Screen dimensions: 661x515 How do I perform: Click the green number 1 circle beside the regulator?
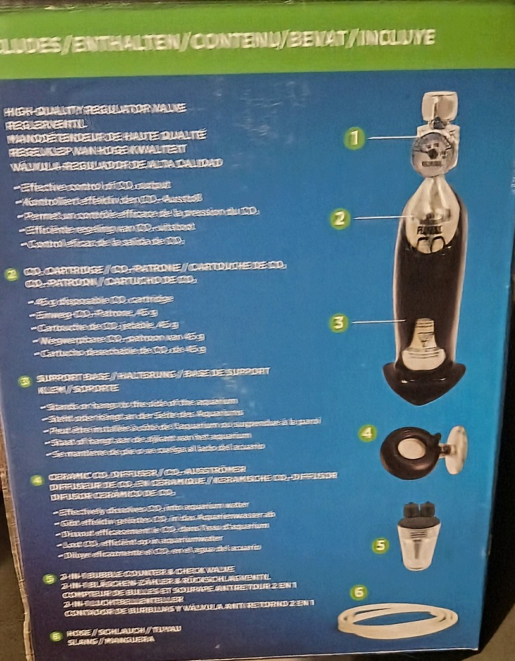coord(355,137)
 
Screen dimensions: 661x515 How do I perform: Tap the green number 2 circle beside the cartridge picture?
coord(340,218)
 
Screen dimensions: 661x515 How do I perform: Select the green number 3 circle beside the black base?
coord(338,323)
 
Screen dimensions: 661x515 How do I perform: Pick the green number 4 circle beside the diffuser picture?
coord(368,434)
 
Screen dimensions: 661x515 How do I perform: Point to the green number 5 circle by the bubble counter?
coord(379,545)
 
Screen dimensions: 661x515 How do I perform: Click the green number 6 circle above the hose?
coord(359,592)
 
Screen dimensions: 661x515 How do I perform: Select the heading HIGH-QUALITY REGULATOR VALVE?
coord(95,108)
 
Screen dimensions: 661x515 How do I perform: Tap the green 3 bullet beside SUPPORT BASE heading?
coord(24,381)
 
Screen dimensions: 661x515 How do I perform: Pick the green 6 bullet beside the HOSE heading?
coord(57,636)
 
